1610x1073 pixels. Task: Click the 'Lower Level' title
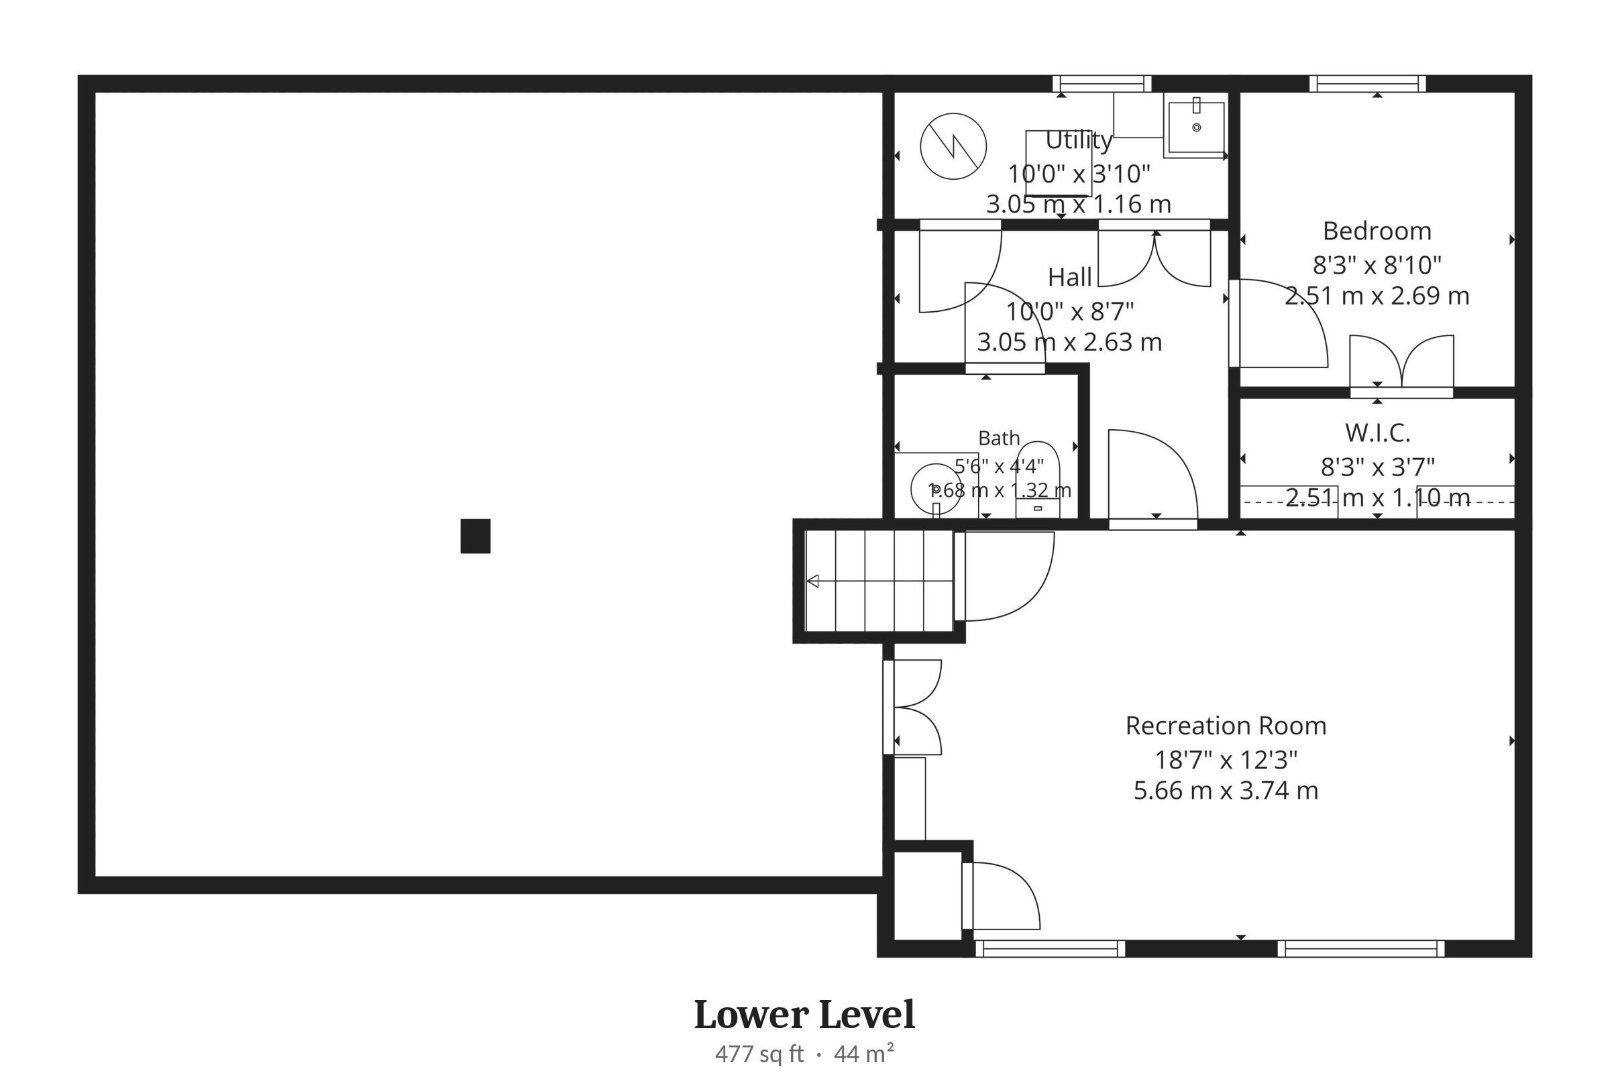(x=804, y=1015)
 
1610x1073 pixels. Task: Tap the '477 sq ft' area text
(x=759, y=1054)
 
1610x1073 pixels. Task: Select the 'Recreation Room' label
(x=1226, y=726)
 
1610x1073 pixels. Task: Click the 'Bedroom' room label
(x=1377, y=231)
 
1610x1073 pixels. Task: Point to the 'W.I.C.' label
(x=1377, y=433)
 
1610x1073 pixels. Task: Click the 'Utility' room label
(x=1078, y=140)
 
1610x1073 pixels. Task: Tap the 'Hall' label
(x=1069, y=277)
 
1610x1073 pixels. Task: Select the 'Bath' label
(x=999, y=438)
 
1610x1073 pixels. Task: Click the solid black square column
(x=475, y=536)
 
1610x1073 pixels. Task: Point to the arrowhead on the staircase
(x=812, y=581)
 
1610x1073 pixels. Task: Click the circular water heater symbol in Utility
(x=953, y=146)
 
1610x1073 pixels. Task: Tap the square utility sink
(x=1196, y=128)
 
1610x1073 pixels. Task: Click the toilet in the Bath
(x=1038, y=479)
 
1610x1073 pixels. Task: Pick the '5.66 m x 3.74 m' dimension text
(x=1226, y=791)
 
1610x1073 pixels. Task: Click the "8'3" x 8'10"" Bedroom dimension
(x=1377, y=264)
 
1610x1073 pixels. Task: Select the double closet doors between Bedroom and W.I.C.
(x=1401, y=366)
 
